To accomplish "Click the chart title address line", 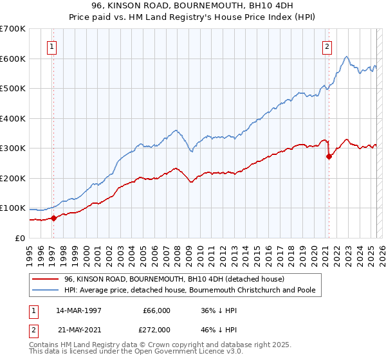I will pos(192,6).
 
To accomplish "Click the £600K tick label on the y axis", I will pos(13,59).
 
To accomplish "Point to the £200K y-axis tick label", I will pos(13,178).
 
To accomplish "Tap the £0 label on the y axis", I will pos(19,238).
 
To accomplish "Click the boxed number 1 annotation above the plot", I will pos(51,46).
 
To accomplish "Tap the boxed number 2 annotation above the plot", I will pos(327,46).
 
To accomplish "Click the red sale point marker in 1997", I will pos(54,218).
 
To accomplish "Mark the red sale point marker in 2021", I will pos(329,156).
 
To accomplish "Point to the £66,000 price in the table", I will pos(155,310).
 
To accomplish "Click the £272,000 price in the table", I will pos(155,328).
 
